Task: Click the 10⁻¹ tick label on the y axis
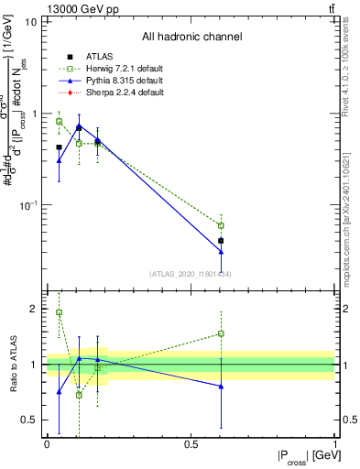coord(27,206)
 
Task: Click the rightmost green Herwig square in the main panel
coord(221,225)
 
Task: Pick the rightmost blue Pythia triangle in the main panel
coord(221,252)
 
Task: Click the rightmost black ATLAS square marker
coord(221,241)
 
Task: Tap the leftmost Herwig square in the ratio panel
coord(59,312)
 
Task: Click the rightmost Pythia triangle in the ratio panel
coord(221,387)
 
